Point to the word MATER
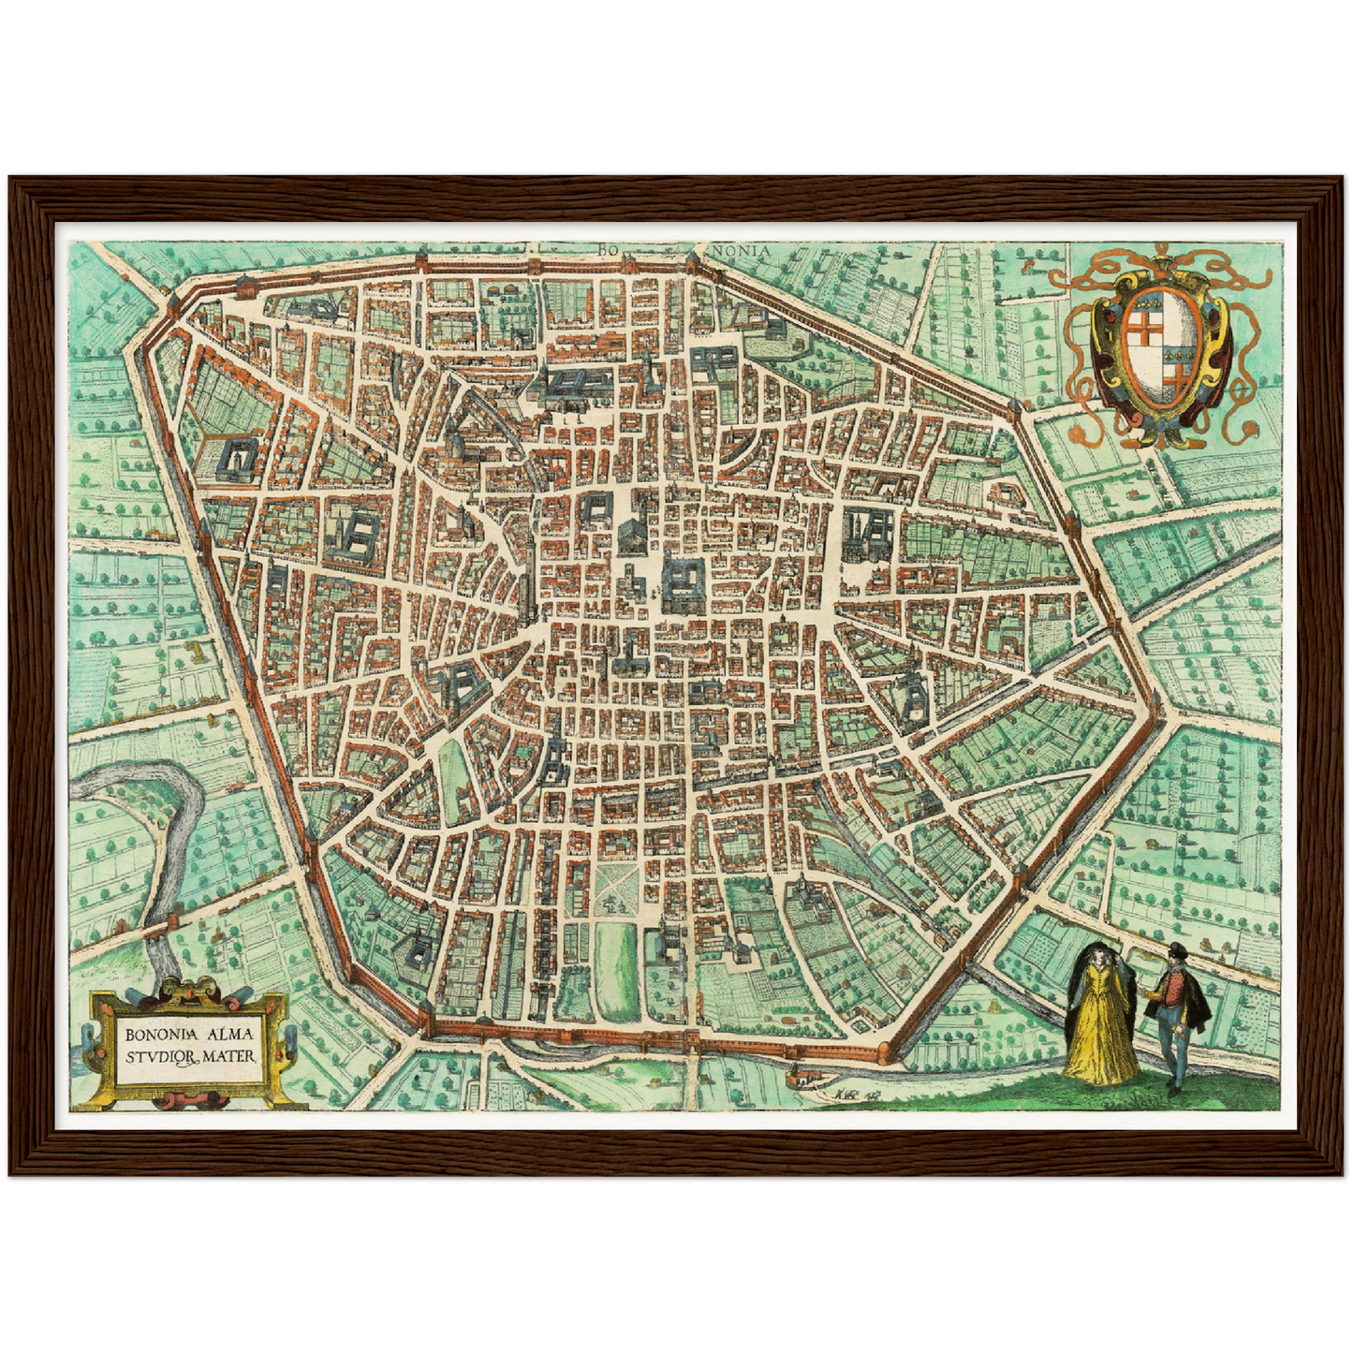[233, 1056]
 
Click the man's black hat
[1177, 952]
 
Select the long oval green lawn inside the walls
[618, 969]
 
